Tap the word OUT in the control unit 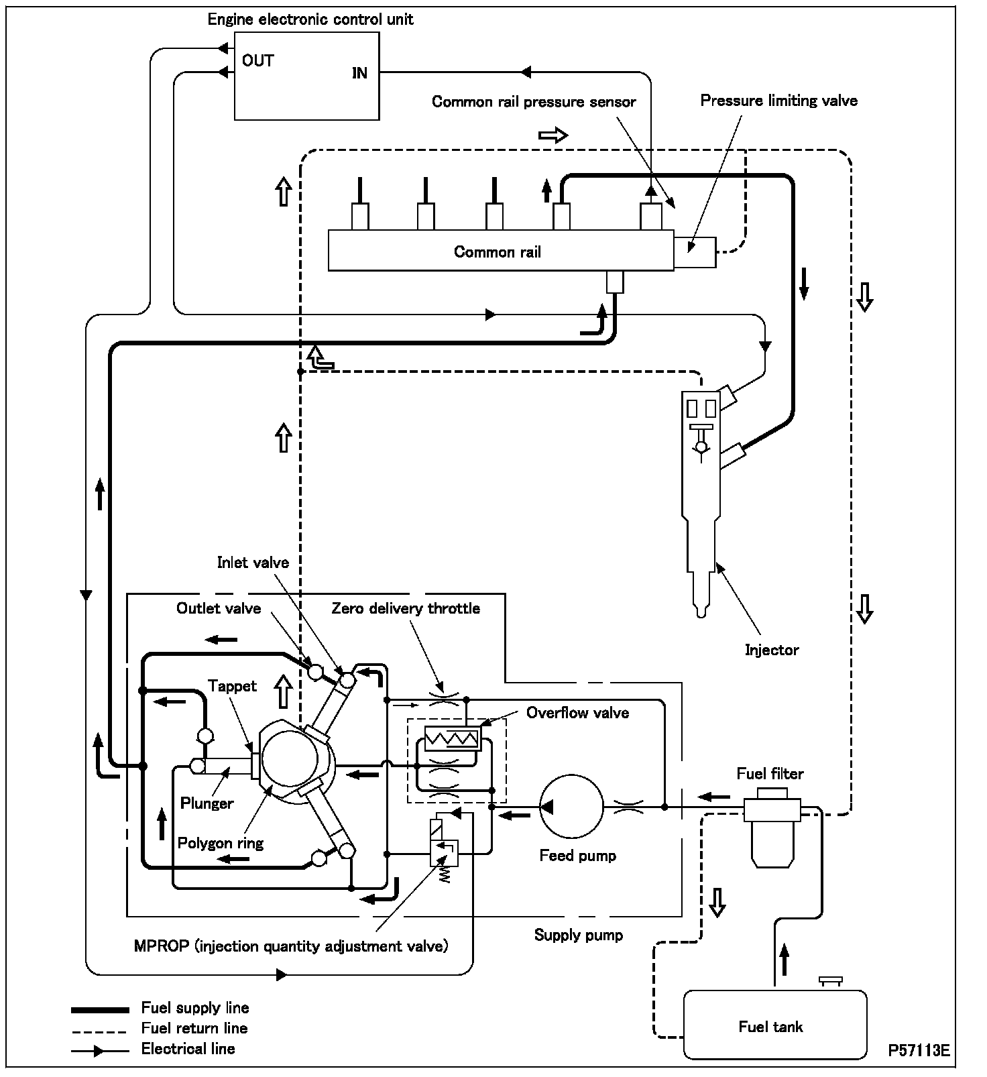(x=257, y=61)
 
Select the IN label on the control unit (x=359, y=73)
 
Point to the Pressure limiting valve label (x=778, y=101)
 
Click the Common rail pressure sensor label (x=534, y=102)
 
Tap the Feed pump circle (x=571, y=807)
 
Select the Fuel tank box (x=774, y=1025)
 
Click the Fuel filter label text (x=770, y=773)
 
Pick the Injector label (x=772, y=649)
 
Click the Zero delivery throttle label (x=406, y=608)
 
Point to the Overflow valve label (x=577, y=712)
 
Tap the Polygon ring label (x=221, y=842)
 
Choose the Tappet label (x=232, y=685)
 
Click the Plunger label (x=207, y=803)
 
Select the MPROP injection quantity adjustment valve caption (x=291, y=946)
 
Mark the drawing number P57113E (x=919, y=1050)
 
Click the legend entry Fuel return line (x=194, y=1028)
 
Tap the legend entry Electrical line (x=188, y=1049)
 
